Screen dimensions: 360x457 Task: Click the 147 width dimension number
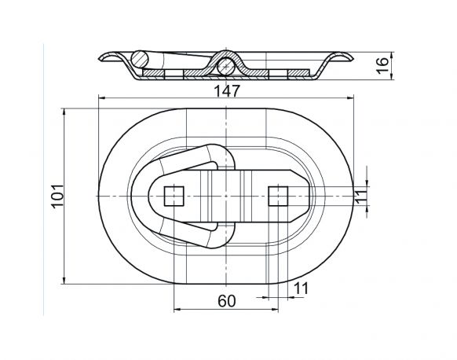pyautogui.click(x=225, y=90)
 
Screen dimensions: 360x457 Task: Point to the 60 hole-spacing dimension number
pyautogui.click(x=225, y=299)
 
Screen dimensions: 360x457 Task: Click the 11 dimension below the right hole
pyautogui.click(x=301, y=288)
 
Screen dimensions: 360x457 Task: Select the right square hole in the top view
pyautogui.click(x=276, y=195)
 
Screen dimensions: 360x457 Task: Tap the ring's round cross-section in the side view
pyautogui.click(x=141, y=59)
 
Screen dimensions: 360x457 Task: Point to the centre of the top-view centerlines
pyautogui.click(x=225, y=195)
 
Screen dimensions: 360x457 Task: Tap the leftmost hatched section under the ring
pyautogui.click(x=154, y=74)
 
